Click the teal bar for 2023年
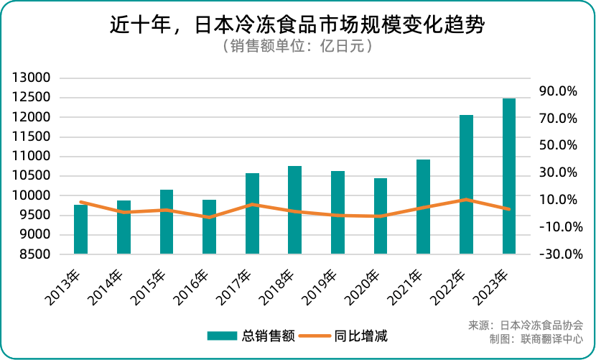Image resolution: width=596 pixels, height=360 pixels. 509,176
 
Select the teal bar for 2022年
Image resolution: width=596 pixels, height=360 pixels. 466,184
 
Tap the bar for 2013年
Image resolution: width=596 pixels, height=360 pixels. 80,229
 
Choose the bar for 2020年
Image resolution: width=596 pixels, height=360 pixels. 381,216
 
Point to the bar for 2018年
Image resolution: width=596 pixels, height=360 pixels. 294,210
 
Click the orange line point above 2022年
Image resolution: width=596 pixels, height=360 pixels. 466,200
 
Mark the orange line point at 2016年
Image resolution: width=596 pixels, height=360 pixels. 209,217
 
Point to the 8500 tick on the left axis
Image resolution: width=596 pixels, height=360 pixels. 34,254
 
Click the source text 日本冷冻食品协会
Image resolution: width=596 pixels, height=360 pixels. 541,325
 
